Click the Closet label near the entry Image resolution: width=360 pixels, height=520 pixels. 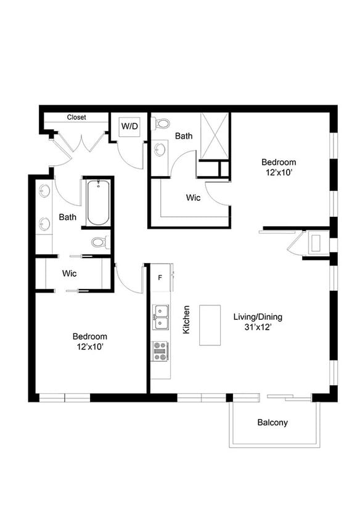pos(76,117)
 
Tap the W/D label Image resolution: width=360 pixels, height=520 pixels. pos(129,126)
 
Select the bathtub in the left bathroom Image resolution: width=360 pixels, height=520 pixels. pos(98,203)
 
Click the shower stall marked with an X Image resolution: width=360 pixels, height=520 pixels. pos(214,136)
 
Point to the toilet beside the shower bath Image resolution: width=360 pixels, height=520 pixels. pos(162,124)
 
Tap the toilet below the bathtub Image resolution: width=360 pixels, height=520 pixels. pos(99,242)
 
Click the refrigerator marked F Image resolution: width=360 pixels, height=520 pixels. pos(160,277)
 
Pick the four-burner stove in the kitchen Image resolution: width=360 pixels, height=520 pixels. pos(161,351)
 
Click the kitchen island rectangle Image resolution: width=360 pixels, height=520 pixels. pos(210,325)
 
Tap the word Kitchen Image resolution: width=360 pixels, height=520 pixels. pos(186,320)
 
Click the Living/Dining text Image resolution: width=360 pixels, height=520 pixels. pos(258,317)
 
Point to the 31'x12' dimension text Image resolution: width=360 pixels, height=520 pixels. pos(258,328)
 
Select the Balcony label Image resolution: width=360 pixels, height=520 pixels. pos(272,423)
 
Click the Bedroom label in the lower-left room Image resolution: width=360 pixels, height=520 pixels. pos(90,336)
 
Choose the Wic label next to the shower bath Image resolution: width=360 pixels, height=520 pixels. pos(193,198)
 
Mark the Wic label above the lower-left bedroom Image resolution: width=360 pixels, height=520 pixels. pos(69,273)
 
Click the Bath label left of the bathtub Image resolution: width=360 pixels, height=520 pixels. pos(68,217)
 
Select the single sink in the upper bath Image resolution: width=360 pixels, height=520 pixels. pos(160,149)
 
